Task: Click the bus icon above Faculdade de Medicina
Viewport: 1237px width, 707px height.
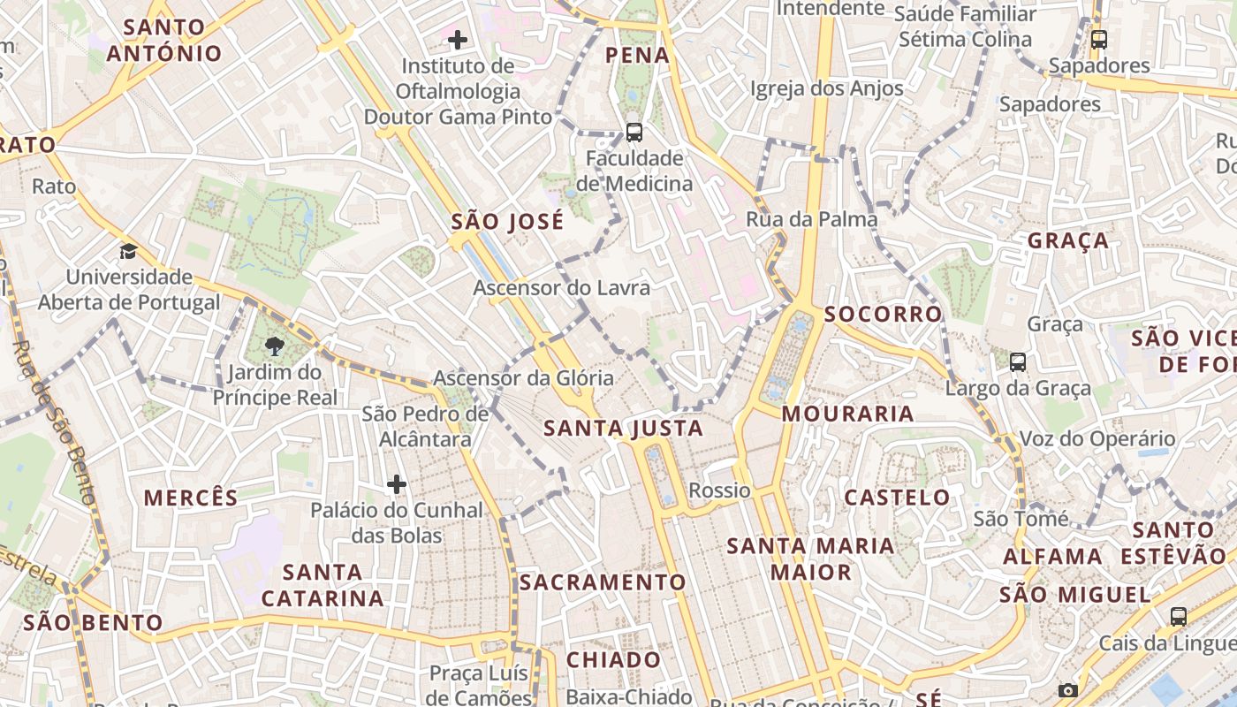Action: (634, 133)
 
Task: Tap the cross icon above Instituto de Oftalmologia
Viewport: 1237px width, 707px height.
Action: (458, 39)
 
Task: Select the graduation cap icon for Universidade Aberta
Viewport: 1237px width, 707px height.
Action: (129, 251)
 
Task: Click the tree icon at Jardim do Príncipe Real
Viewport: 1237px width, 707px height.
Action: (274, 346)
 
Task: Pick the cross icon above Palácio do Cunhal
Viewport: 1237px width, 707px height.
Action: (397, 483)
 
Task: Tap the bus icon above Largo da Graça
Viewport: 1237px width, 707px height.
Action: (1018, 361)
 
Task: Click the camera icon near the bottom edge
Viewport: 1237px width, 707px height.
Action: (1068, 690)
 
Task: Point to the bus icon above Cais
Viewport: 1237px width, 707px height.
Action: (1179, 617)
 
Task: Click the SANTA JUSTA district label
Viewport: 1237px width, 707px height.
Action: (623, 429)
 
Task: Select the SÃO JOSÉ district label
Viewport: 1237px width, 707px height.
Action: (506, 222)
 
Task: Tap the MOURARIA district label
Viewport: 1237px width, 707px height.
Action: (847, 414)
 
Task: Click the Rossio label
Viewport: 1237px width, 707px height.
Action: (719, 490)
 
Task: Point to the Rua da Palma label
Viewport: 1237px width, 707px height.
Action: (811, 219)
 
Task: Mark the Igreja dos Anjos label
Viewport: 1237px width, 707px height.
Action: (826, 88)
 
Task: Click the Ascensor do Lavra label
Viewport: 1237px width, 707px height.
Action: (561, 288)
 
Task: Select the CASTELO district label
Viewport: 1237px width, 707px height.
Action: (897, 498)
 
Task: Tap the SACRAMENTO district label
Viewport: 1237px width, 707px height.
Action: (603, 582)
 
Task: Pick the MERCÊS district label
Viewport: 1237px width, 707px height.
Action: (191, 498)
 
